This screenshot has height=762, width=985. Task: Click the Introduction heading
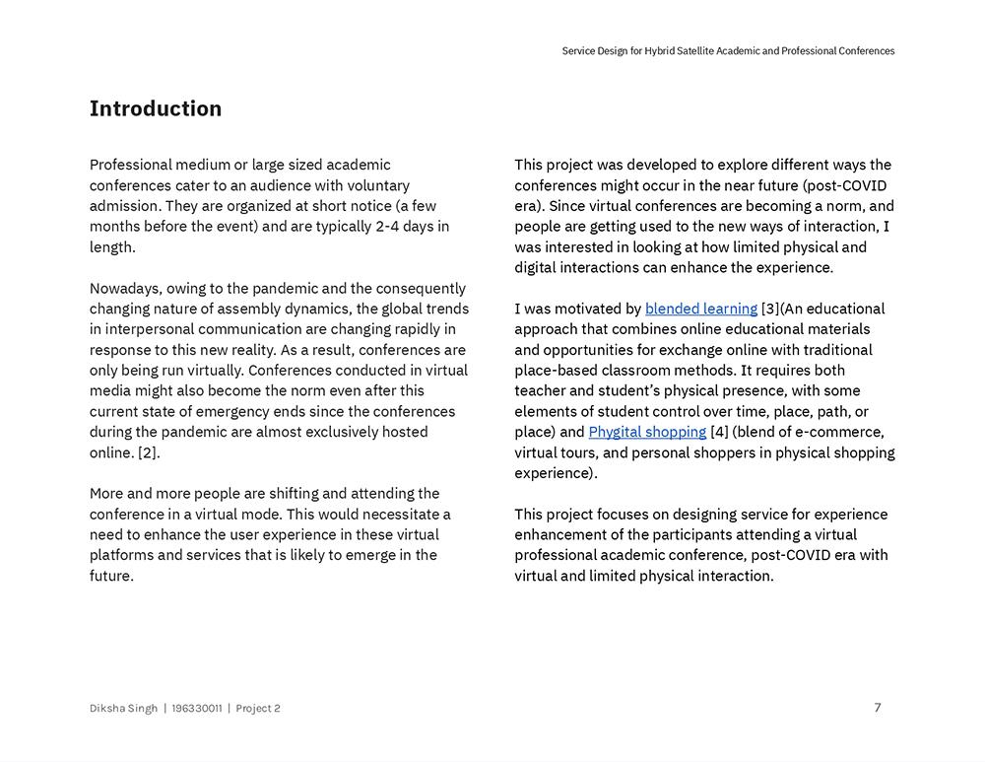156,108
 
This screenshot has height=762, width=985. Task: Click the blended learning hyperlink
700,309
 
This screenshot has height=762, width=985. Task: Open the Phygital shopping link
647,432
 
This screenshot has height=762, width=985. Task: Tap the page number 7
878,707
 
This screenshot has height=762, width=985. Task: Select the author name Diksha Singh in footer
123,708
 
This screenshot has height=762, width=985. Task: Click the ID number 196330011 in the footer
196,708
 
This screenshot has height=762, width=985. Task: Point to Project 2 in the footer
258,708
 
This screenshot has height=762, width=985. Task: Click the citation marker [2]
148,452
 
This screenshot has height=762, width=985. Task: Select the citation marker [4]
719,432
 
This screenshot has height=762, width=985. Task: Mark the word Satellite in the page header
707,51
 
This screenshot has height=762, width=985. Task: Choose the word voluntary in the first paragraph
378,185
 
